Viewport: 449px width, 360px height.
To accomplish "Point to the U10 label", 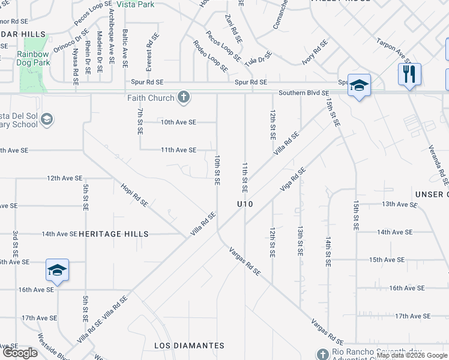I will click(245, 205).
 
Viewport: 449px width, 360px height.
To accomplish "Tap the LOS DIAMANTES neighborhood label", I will click(189, 346).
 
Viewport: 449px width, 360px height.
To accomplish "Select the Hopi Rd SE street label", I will click(134, 195).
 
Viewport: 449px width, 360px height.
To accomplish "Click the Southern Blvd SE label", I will click(304, 93).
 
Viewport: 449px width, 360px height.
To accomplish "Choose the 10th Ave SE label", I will click(178, 122).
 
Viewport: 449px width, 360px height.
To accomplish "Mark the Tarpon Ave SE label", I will click(393, 52).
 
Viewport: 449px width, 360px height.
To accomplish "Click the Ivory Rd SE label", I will click(315, 53).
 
